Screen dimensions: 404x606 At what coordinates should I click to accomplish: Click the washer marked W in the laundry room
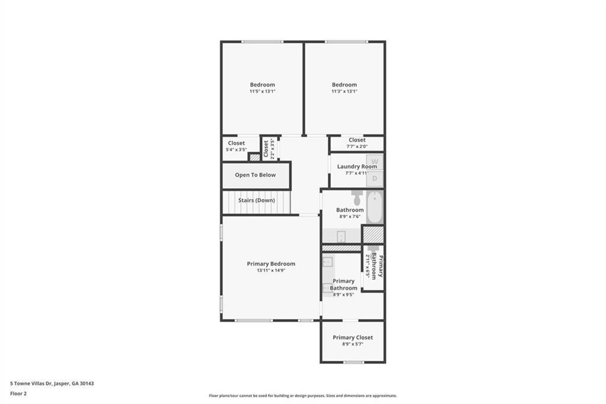(374, 161)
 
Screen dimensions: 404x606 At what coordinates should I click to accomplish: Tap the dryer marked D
(374, 178)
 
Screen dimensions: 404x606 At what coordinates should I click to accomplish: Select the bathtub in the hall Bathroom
(374, 207)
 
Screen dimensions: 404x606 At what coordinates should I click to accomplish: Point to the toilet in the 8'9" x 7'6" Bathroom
(357, 197)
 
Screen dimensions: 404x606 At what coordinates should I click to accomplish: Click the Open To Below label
(255, 175)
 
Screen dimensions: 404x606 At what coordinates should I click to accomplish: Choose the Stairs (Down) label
(256, 200)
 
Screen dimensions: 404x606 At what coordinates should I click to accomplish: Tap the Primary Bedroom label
(271, 264)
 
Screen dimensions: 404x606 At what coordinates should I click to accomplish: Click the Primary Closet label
(353, 338)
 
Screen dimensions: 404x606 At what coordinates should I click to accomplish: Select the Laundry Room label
(357, 166)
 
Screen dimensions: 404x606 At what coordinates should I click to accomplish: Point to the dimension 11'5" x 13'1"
(262, 91)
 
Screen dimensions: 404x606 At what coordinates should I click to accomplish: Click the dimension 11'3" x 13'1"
(344, 91)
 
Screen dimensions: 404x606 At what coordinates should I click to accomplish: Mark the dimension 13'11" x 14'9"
(271, 270)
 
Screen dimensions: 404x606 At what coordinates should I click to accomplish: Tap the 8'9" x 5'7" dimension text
(353, 344)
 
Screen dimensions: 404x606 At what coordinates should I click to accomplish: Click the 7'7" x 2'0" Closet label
(357, 140)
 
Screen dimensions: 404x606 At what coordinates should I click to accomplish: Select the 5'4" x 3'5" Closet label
(236, 143)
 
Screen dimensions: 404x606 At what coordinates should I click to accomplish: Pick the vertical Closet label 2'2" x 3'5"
(266, 149)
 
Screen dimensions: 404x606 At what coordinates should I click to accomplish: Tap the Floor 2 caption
(19, 393)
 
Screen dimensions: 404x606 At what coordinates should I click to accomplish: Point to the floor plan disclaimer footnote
(302, 396)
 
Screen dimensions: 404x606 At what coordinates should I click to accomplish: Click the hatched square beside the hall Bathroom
(373, 234)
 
